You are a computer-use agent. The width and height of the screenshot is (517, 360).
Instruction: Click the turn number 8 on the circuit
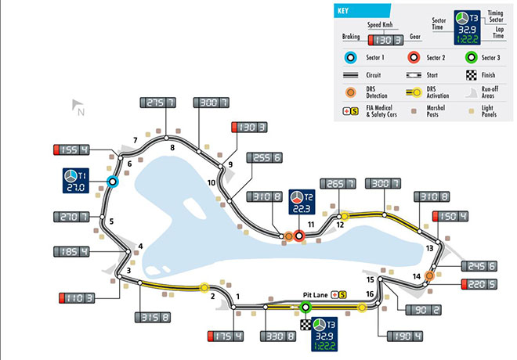[x=172, y=147]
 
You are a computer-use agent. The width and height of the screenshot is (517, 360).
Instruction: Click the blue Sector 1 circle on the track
[x=112, y=182]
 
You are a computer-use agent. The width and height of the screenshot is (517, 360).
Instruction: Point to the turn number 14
[x=417, y=275]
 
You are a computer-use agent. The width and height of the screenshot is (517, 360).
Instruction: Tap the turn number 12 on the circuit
[x=340, y=225]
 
